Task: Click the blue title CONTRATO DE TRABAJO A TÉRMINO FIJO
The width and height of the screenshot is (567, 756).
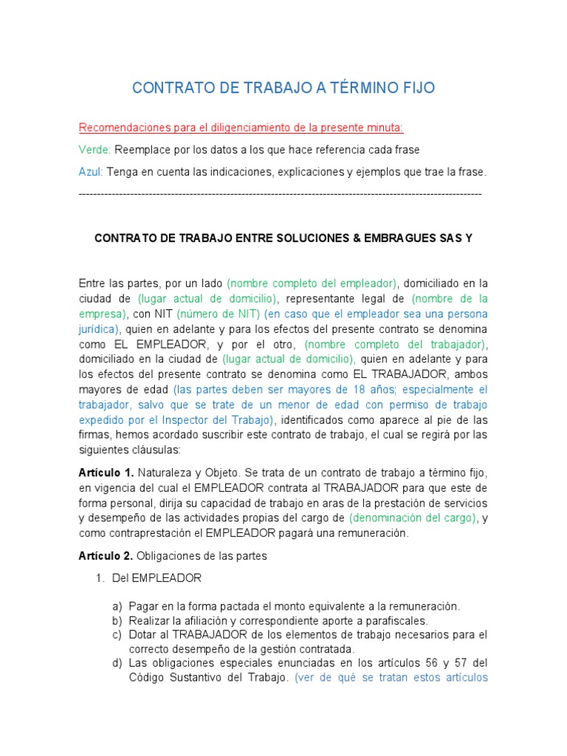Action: (x=283, y=89)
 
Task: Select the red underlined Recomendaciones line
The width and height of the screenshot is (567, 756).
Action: (x=241, y=128)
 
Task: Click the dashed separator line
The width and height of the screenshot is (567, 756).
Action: (x=280, y=193)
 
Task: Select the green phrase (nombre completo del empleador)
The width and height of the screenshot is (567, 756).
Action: (x=312, y=283)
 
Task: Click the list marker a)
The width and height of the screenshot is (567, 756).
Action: (x=117, y=606)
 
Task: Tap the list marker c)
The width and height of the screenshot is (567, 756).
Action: (x=117, y=635)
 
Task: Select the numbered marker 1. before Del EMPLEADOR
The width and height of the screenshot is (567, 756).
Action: (x=101, y=577)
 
